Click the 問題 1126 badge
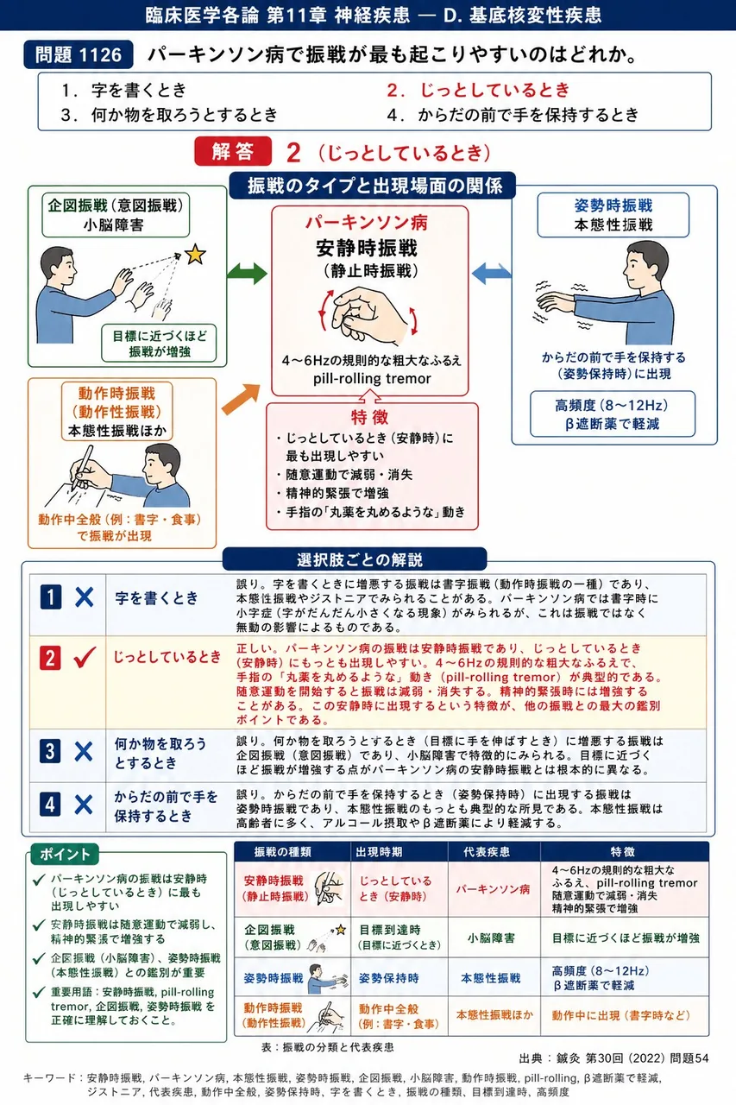pyautogui.click(x=79, y=54)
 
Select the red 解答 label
pyautogui.click(x=233, y=151)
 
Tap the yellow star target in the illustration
pyautogui.click(x=195, y=254)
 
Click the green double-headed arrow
pyautogui.click(x=247, y=274)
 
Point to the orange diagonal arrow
pyautogui.click(x=241, y=399)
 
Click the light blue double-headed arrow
pyautogui.click(x=491, y=274)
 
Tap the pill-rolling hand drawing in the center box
pyautogui.click(x=369, y=316)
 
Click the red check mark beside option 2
pyautogui.click(x=85, y=658)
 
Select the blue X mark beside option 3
pyautogui.click(x=84, y=752)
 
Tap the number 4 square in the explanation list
pyautogui.click(x=50, y=804)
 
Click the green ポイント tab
pyautogui.click(x=65, y=854)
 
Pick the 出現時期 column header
pyautogui.click(x=379, y=852)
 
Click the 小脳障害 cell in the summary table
pyautogui.click(x=491, y=938)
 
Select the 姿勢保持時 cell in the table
pyautogui.click(x=388, y=978)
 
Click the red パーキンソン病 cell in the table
pyautogui.click(x=493, y=889)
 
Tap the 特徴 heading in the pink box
pyautogui.click(x=369, y=417)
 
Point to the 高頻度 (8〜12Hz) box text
pyautogui.click(x=612, y=406)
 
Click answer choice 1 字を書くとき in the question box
pyautogui.click(x=123, y=91)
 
